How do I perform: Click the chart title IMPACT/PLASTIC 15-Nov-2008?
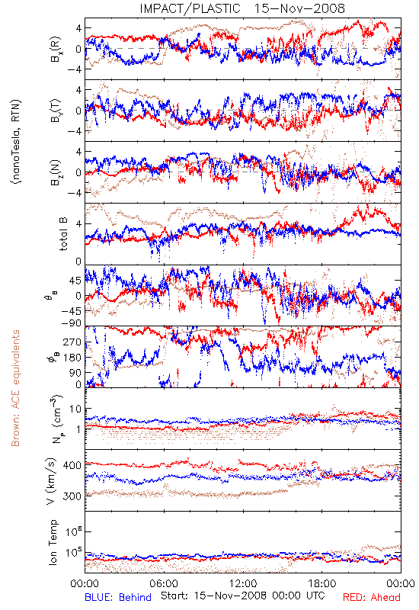click(242, 8)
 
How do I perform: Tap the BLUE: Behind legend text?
click(118, 597)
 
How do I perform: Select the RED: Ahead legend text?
click(371, 597)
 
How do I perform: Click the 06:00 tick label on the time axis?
click(164, 583)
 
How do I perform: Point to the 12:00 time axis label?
click(243, 583)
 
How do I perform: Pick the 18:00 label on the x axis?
click(322, 583)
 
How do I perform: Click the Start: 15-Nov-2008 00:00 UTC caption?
click(242, 596)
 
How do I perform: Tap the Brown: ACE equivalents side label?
click(15, 388)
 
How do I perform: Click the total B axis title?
click(63, 233)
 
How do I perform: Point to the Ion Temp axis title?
click(53, 542)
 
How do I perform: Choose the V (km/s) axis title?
click(51, 481)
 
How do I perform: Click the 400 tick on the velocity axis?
click(72, 465)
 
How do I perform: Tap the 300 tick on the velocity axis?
click(72, 496)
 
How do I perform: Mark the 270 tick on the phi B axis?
click(72, 342)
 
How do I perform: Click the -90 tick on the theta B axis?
click(71, 323)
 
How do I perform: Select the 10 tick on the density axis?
click(75, 409)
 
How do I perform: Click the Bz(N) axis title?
click(56, 172)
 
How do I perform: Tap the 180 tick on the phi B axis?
click(72, 358)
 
